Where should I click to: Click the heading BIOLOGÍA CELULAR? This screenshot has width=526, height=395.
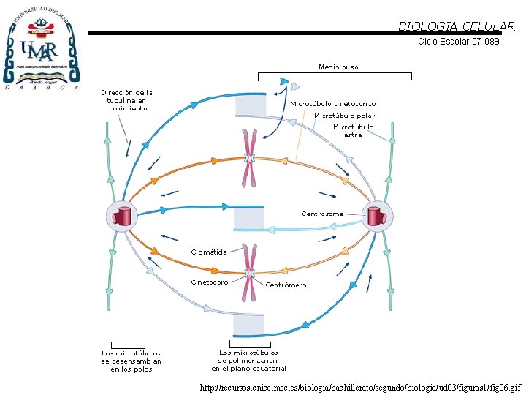(x=456, y=26)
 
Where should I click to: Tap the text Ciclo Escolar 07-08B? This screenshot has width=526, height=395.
(x=458, y=42)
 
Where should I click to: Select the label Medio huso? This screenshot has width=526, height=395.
(x=338, y=67)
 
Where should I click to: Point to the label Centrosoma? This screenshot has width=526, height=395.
(x=322, y=214)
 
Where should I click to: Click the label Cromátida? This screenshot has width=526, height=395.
(x=209, y=252)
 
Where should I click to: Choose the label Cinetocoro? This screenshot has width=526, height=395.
(x=210, y=282)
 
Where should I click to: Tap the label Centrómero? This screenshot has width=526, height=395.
(x=286, y=284)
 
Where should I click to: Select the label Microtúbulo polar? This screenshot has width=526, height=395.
(x=345, y=116)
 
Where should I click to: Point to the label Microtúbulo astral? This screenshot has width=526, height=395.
(x=354, y=130)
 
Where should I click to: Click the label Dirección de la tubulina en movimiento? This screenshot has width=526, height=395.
(x=126, y=100)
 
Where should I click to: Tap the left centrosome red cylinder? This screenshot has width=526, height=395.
(x=122, y=217)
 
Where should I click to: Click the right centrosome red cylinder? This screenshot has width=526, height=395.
(x=377, y=217)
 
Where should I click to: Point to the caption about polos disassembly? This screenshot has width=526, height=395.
(x=131, y=361)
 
